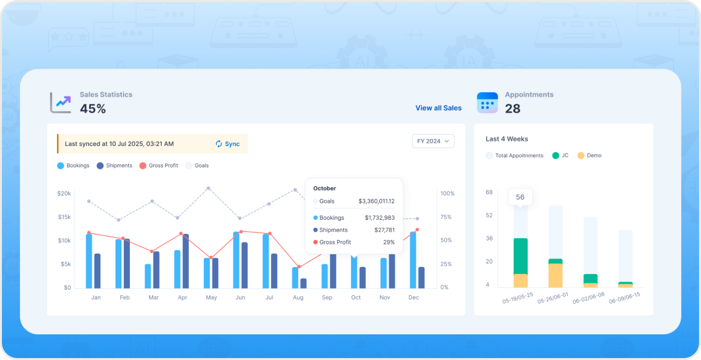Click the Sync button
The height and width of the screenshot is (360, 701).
[x=228, y=144]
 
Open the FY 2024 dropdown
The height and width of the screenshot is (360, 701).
[x=433, y=141]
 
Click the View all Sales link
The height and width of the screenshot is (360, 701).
[x=438, y=108]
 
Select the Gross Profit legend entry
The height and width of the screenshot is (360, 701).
[x=159, y=165]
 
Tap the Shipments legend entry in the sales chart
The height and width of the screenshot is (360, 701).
[x=114, y=165]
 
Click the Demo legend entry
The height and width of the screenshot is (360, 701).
[x=589, y=155]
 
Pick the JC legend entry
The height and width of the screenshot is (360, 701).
[x=560, y=155]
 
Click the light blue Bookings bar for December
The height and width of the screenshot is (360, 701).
[x=413, y=260]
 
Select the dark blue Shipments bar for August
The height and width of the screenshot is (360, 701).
[x=304, y=284]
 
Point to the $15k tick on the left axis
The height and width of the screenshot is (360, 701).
[x=64, y=217]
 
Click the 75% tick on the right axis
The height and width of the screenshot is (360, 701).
[x=446, y=217]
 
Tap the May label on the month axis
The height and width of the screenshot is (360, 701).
[x=211, y=298]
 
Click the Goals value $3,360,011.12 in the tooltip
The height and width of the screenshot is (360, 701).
[x=377, y=201]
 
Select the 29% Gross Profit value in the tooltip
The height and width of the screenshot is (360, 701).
[x=389, y=242]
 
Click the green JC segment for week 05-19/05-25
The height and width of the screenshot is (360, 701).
[x=520, y=256]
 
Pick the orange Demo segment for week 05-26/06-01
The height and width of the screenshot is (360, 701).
[x=555, y=275]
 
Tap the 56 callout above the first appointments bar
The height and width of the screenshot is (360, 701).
[x=520, y=197]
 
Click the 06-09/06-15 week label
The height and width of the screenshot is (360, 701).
[x=625, y=298]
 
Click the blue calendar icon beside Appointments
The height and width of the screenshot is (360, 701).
[x=487, y=103]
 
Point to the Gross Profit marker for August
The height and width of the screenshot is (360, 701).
[x=299, y=267]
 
